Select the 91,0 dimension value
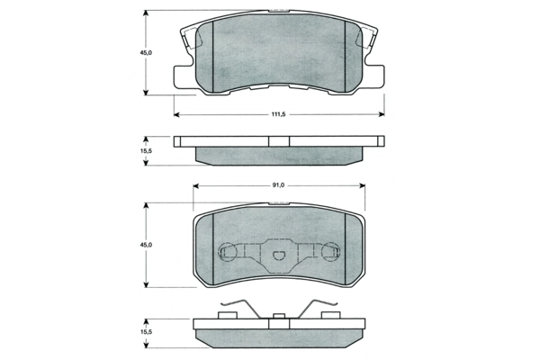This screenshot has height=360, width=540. [x=277, y=185]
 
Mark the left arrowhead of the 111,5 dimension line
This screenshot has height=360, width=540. [x=176, y=114]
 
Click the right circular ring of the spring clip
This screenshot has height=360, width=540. [x=330, y=255]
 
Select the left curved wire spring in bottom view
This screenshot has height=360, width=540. [x=238, y=307]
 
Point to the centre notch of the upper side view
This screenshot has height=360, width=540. [x=279, y=141]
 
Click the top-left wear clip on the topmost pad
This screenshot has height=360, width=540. [x=189, y=36]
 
